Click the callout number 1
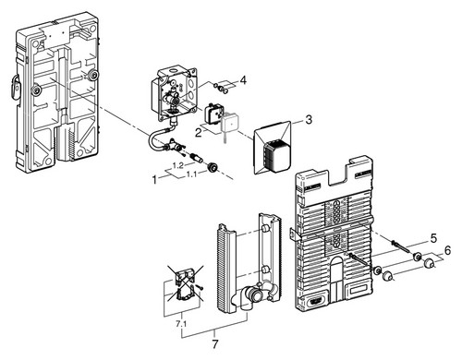coord(154,179)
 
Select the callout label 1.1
coord(191,174)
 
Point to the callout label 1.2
coord(177,165)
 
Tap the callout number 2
coord(199,133)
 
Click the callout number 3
coord(309,119)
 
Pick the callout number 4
coord(243,80)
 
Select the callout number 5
coord(433,238)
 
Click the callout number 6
coord(447,250)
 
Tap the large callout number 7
coord(214,344)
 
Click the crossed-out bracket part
coord(185,284)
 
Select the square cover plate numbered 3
coord(273,148)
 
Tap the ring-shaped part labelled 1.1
coord(213,167)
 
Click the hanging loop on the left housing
coord(16,88)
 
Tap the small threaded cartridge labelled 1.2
coord(197,158)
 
